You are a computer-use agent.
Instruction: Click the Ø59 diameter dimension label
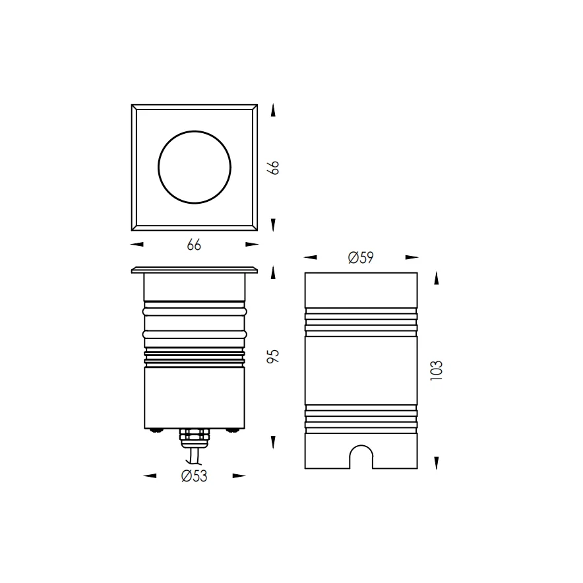click(x=361, y=257)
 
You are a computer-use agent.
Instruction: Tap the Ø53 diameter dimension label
click(x=194, y=476)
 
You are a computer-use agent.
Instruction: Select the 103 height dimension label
click(x=437, y=371)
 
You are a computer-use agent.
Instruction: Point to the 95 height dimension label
click(x=273, y=356)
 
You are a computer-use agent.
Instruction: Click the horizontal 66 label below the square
click(x=194, y=245)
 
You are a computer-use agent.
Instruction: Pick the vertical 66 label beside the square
click(x=273, y=168)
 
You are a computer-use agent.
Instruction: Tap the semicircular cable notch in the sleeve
click(x=361, y=445)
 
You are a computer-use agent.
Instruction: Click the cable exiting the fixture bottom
click(x=194, y=456)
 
